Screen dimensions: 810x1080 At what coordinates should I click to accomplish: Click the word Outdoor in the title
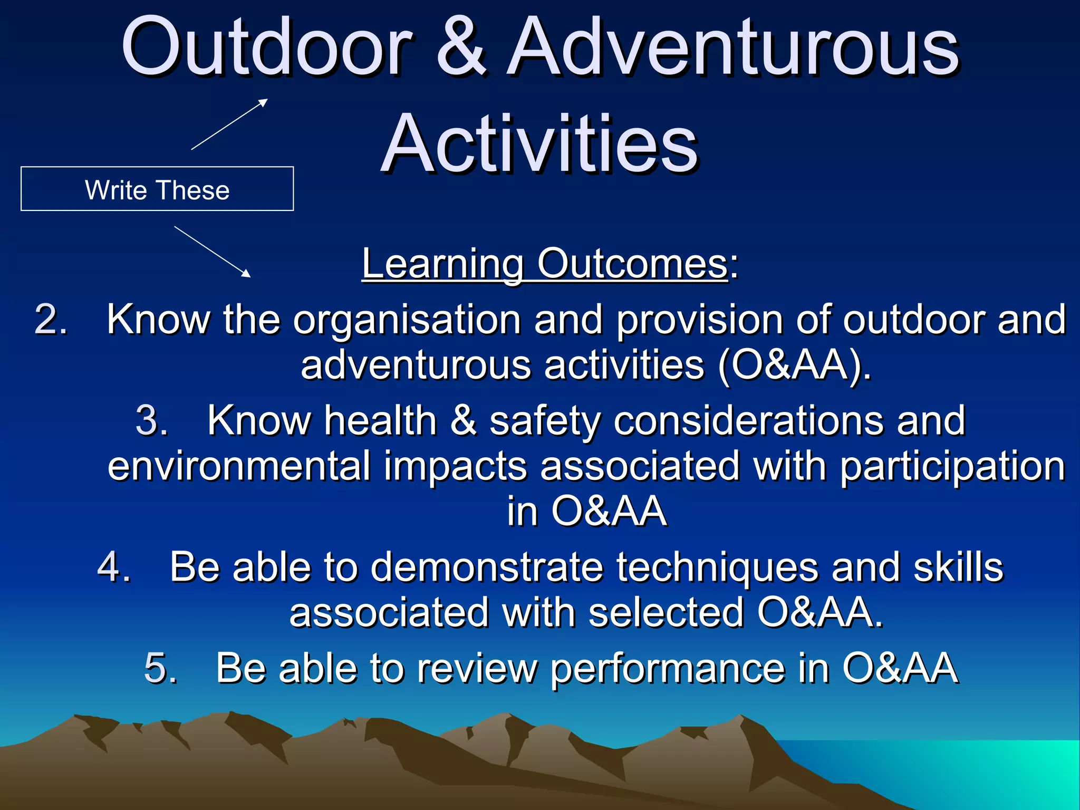point(266,47)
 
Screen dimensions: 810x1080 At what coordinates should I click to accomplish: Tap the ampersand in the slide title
point(460,47)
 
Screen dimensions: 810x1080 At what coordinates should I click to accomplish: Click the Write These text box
point(157,189)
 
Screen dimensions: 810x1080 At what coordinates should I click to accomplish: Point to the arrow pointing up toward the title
point(229,124)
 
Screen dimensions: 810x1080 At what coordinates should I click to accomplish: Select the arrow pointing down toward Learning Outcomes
point(212,252)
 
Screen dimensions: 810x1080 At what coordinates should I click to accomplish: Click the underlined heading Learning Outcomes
point(545,264)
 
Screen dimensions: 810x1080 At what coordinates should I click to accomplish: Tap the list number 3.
point(151,421)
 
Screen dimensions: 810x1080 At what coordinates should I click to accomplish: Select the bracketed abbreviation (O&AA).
point(793,365)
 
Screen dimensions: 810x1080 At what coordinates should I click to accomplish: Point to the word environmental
point(239,466)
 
